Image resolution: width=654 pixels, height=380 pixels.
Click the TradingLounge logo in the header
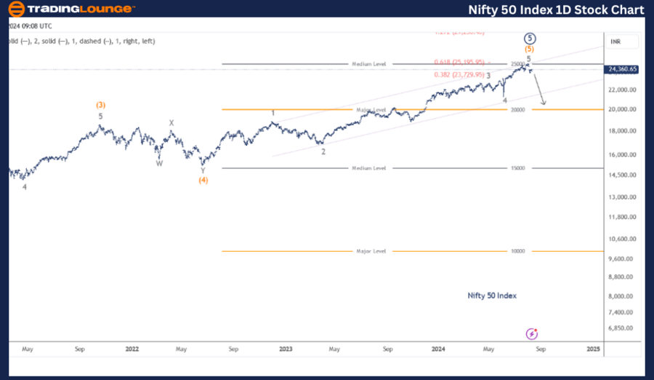[70, 9]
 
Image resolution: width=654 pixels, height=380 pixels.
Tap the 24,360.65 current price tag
[623, 69]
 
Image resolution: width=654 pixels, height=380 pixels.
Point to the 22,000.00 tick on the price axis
[623, 90]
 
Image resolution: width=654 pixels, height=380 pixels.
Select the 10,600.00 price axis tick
[623, 239]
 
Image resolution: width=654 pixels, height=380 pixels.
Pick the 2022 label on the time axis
[132, 349]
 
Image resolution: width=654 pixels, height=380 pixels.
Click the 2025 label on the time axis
[593, 349]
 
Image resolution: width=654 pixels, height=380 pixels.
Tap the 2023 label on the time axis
[286, 349]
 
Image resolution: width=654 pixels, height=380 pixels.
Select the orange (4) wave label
[203, 180]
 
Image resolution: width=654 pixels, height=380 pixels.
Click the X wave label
[172, 123]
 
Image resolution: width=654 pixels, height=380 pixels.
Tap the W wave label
[158, 163]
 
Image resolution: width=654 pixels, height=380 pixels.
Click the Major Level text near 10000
[370, 251]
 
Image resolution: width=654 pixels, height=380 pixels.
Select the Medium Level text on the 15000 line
[370, 168]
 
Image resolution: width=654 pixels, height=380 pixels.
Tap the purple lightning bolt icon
[531, 333]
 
